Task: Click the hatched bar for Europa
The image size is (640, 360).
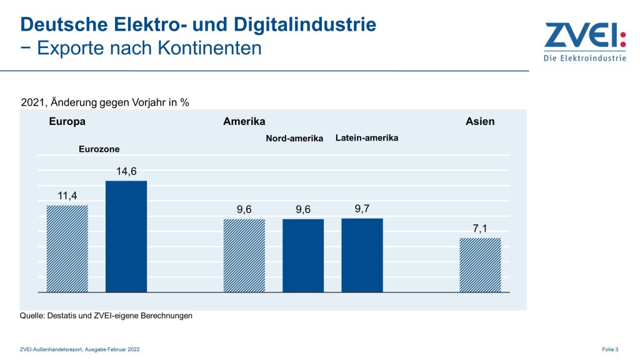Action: pyautogui.click(x=67, y=249)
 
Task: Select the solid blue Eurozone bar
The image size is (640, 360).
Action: pyautogui.click(x=126, y=236)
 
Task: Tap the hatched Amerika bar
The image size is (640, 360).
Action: pyautogui.click(x=244, y=256)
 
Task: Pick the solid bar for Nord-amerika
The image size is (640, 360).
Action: pyautogui.click(x=303, y=256)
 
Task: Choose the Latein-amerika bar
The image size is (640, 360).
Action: pyautogui.click(x=362, y=255)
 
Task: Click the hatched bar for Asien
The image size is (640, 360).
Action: pyautogui.click(x=480, y=265)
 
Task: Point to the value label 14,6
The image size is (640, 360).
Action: pyautogui.click(x=126, y=171)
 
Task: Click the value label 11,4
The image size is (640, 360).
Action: pyautogui.click(x=67, y=196)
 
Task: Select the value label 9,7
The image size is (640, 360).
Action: pyautogui.click(x=362, y=209)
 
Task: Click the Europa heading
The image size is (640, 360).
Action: pyautogui.click(x=67, y=121)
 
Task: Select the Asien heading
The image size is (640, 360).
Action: pyautogui.click(x=480, y=121)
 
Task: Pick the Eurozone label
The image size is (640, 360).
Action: pyautogui.click(x=99, y=149)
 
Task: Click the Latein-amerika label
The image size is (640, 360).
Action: pyautogui.click(x=367, y=137)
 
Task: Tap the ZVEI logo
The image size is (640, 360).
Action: pyautogui.click(x=584, y=41)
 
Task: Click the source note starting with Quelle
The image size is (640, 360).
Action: pyautogui.click(x=106, y=316)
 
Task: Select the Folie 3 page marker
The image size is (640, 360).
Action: pyautogui.click(x=610, y=349)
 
